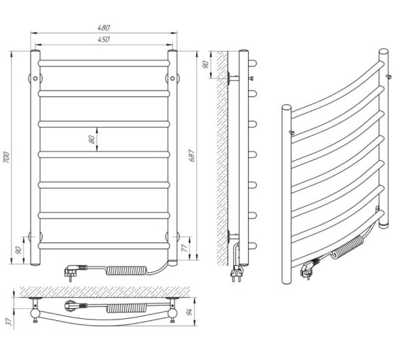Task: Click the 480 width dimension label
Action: tap(104, 28)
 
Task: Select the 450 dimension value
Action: tap(104, 39)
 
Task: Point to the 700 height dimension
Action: tap(6, 157)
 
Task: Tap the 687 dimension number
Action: tap(191, 155)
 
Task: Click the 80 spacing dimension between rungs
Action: tap(92, 139)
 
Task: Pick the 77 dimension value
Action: tap(185, 248)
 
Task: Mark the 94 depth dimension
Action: tap(190, 311)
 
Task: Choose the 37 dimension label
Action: tap(9, 322)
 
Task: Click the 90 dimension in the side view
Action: tap(206, 64)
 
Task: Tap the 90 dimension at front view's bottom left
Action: tap(18, 250)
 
